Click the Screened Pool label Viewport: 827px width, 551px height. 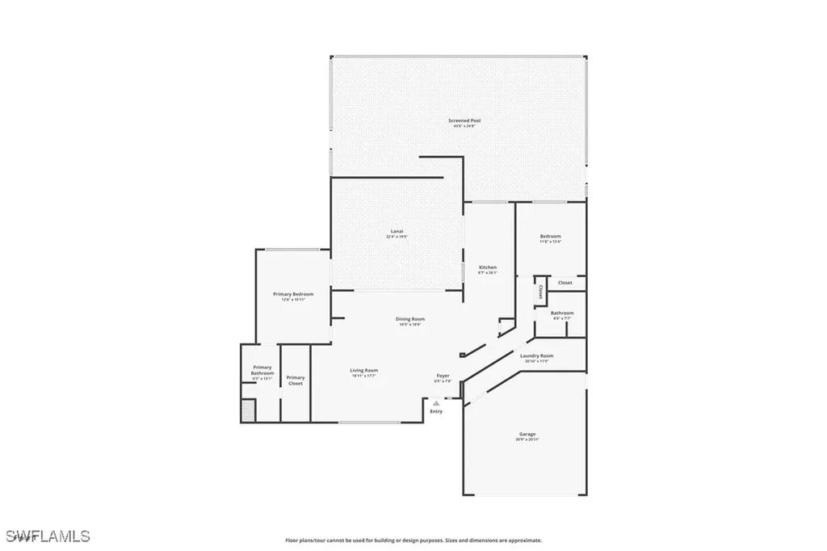[x=459, y=120]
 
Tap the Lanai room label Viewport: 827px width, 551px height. [x=397, y=232]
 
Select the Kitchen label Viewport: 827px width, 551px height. [x=488, y=267]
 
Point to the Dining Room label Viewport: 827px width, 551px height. [x=410, y=319]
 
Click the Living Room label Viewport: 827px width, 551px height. [x=364, y=371]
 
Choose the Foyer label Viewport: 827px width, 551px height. [x=443, y=376]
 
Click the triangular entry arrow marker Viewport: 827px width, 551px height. [x=436, y=402]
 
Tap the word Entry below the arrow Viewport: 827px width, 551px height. [x=436, y=411]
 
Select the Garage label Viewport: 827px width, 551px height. [x=527, y=434]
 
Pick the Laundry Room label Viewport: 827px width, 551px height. [x=536, y=355]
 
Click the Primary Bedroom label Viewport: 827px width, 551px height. [x=292, y=294]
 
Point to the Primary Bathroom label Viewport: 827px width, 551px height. [x=262, y=370]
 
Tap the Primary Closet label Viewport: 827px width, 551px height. [x=296, y=380]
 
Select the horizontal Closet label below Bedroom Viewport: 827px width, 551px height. [x=565, y=283]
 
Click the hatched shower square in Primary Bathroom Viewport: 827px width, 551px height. [x=249, y=410]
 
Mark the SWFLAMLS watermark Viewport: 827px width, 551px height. [x=48, y=536]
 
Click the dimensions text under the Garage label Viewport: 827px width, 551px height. [x=527, y=440]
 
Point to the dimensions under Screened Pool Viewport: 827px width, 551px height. [x=459, y=126]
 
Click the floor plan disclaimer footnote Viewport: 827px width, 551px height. [x=413, y=540]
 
